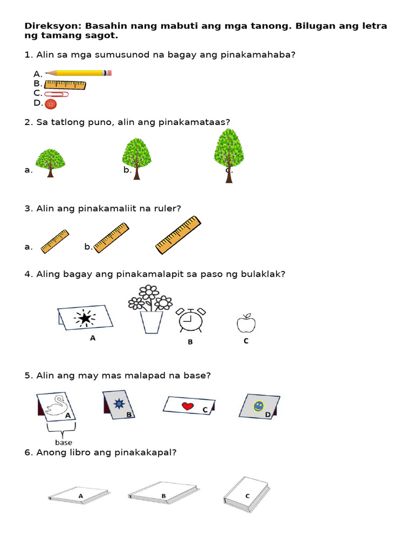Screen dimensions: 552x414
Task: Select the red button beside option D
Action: [51, 103]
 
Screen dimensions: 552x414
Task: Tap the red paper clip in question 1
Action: [57, 94]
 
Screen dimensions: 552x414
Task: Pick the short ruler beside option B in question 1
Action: [65, 84]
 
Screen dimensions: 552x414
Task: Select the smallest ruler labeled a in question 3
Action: [54, 241]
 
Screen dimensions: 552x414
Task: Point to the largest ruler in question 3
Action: [178, 234]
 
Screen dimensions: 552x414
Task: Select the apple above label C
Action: [246, 323]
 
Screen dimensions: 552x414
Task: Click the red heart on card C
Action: [188, 406]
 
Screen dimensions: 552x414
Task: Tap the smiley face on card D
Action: [259, 405]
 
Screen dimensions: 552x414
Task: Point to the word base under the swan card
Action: [64, 443]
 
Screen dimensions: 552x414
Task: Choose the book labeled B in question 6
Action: [163, 493]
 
